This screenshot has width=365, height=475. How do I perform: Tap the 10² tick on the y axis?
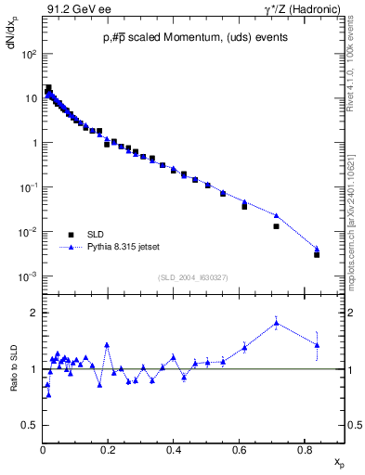pyautogui.click(x=30, y=55)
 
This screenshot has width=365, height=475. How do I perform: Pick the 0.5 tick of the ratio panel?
pyautogui.click(x=31, y=425)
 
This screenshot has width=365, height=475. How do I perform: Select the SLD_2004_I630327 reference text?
pyautogui.click(x=192, y=277)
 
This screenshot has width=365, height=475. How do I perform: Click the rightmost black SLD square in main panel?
pyautogui.click(x=317, y=254)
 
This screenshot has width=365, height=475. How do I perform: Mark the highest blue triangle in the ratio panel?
pyautogui.click(x=277, y=323)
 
